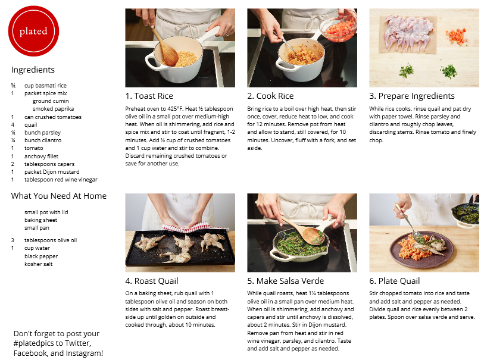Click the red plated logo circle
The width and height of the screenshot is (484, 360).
33,31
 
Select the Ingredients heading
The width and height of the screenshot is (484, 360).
33,70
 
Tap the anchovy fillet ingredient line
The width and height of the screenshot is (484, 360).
41,156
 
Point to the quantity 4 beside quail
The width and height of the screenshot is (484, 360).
13,124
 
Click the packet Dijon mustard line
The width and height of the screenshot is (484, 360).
52,172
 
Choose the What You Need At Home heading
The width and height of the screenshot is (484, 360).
59,196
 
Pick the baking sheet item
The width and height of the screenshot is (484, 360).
40,220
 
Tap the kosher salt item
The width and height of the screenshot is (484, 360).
39,264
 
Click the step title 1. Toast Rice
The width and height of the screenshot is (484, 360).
149,96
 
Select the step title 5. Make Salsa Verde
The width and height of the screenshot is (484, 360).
286,281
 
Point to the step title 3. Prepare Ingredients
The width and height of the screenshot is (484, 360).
412,96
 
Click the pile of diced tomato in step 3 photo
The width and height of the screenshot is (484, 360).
456,36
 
